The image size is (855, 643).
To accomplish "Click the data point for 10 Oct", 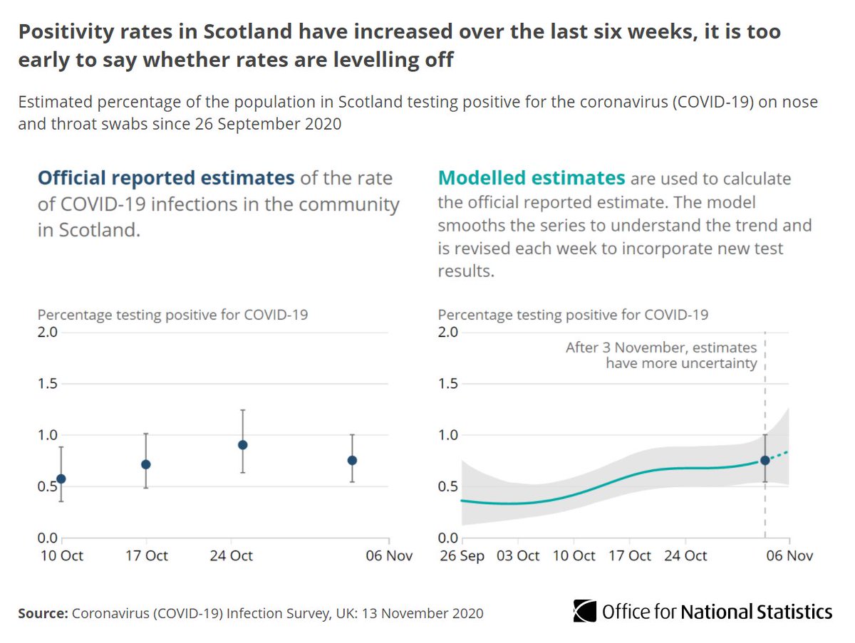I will tap(61, 479).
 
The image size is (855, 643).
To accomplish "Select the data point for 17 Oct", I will tap(146, 464).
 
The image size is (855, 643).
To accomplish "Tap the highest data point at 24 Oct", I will tap(242, 444).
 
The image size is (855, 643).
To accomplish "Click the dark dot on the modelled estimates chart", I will tap(765, 460).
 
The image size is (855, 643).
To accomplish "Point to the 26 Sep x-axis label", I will tap(461, 556).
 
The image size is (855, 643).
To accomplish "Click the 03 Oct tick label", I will tap(517, 556).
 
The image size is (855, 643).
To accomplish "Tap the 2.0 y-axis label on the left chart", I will tap(48, 333).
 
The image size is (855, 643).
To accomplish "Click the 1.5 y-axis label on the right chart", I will tap(448, 384).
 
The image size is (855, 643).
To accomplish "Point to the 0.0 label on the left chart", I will tap(48, 538).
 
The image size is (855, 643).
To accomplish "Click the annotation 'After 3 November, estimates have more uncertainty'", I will tap(660, 355).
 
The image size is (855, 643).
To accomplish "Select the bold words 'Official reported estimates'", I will tap(165, 177).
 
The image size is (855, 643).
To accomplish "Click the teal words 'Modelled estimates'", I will tap(531, 177).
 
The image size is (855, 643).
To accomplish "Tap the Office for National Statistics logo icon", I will tap(585, 611).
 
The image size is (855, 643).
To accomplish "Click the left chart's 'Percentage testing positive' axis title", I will tap(172, 314).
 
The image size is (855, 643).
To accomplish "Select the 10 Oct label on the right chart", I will tap(574, 556).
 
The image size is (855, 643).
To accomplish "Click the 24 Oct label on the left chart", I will tap(232, 556).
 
